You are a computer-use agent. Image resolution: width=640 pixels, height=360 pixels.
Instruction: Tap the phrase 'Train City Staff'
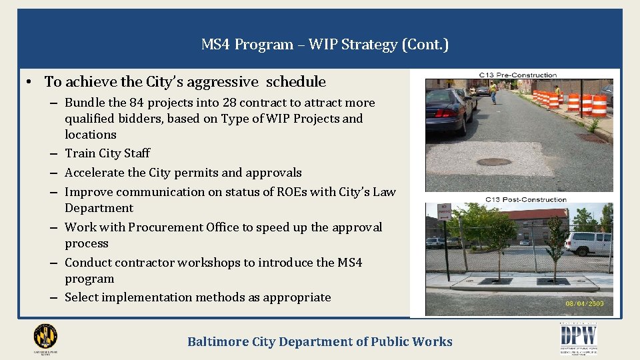pyautogui.click(x=107, y=153)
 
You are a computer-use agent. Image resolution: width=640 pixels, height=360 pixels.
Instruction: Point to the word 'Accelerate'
pyautogui.click(x=94, y=173)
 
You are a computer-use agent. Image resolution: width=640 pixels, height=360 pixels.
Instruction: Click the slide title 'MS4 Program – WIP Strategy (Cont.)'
pyautogui.click(x=325, y=45)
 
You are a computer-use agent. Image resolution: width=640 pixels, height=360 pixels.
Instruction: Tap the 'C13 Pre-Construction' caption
pyautogui.click(x=518, y=75)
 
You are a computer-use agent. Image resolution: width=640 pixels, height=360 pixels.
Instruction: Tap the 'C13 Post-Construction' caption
pyautogui.click(x=525, y=199)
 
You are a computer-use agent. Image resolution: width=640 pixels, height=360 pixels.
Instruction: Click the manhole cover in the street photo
pyautogui.click(x=495, y=161)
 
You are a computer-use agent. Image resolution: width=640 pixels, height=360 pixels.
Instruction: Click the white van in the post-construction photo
pyautogui.click(x=588, y=242)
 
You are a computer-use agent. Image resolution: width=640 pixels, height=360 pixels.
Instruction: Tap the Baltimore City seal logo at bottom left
pyautogui.click(x=45, y=337)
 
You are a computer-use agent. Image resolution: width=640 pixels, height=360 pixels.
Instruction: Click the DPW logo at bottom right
pyautogui.click(x=578, y=337)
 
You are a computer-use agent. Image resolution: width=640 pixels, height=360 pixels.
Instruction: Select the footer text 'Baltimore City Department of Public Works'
pyautogui.click(x=320, y=342)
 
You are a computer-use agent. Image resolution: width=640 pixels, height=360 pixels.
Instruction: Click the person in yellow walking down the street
pyautogui.click(x=493, y=93)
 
